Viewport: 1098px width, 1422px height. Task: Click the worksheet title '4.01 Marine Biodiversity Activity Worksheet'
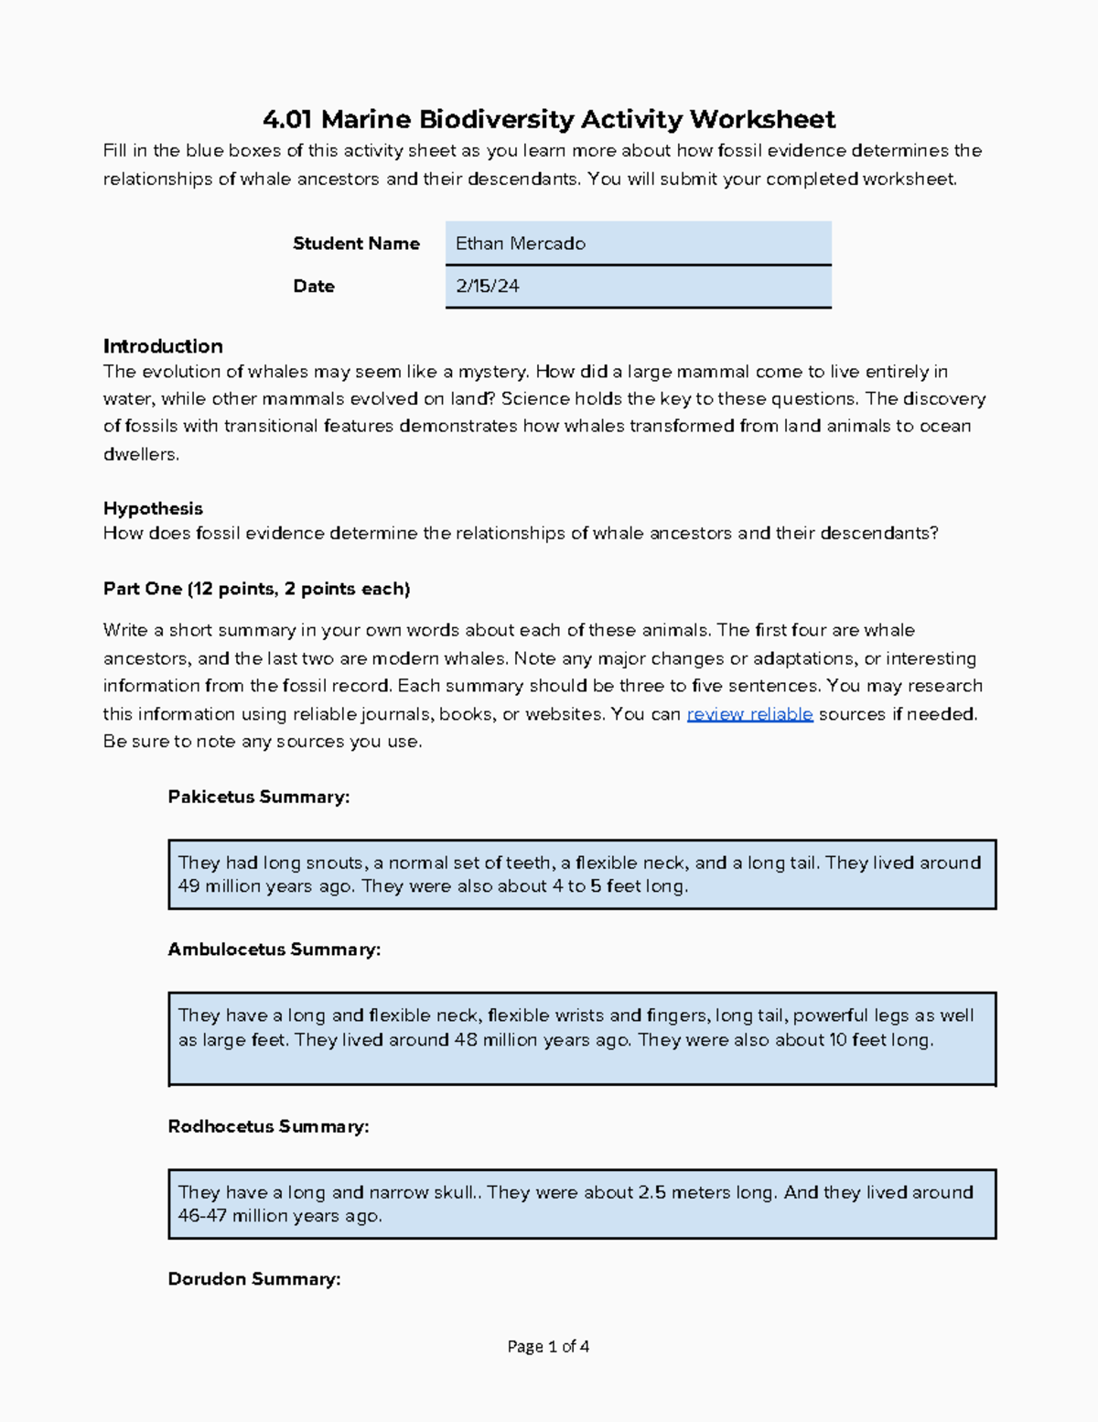(x=549, y=119)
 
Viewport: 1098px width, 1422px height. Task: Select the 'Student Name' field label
(x=356, y=244)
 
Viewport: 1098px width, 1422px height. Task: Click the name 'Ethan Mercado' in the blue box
(x=521, y=244)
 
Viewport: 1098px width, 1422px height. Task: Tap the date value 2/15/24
(x=488, y=287)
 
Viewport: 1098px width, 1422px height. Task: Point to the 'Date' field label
(x=314, y=287)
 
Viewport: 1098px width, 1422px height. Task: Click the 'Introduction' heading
(x=163, y=346)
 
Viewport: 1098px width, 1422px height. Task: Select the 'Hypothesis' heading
(x=153, y=508)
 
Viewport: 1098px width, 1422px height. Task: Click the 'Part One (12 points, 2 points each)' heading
(x=256, y=589)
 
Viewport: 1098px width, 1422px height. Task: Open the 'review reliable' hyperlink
(x=749, y=714)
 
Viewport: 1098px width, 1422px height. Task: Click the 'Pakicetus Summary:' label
(x=259, y=797)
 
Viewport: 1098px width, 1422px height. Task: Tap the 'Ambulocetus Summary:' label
(x=274, y=950)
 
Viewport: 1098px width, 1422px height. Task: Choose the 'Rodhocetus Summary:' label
(x=268, y=1126)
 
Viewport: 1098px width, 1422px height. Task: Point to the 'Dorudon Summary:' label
(x=254, y=1279)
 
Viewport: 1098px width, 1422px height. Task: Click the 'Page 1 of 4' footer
(x=548, y=1346)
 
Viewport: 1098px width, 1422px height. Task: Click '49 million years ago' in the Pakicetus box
(x=265, y=886)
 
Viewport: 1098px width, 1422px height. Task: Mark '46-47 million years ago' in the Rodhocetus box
(x=280, y=1216)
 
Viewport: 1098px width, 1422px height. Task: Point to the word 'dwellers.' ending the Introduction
(x=141, y=454)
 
